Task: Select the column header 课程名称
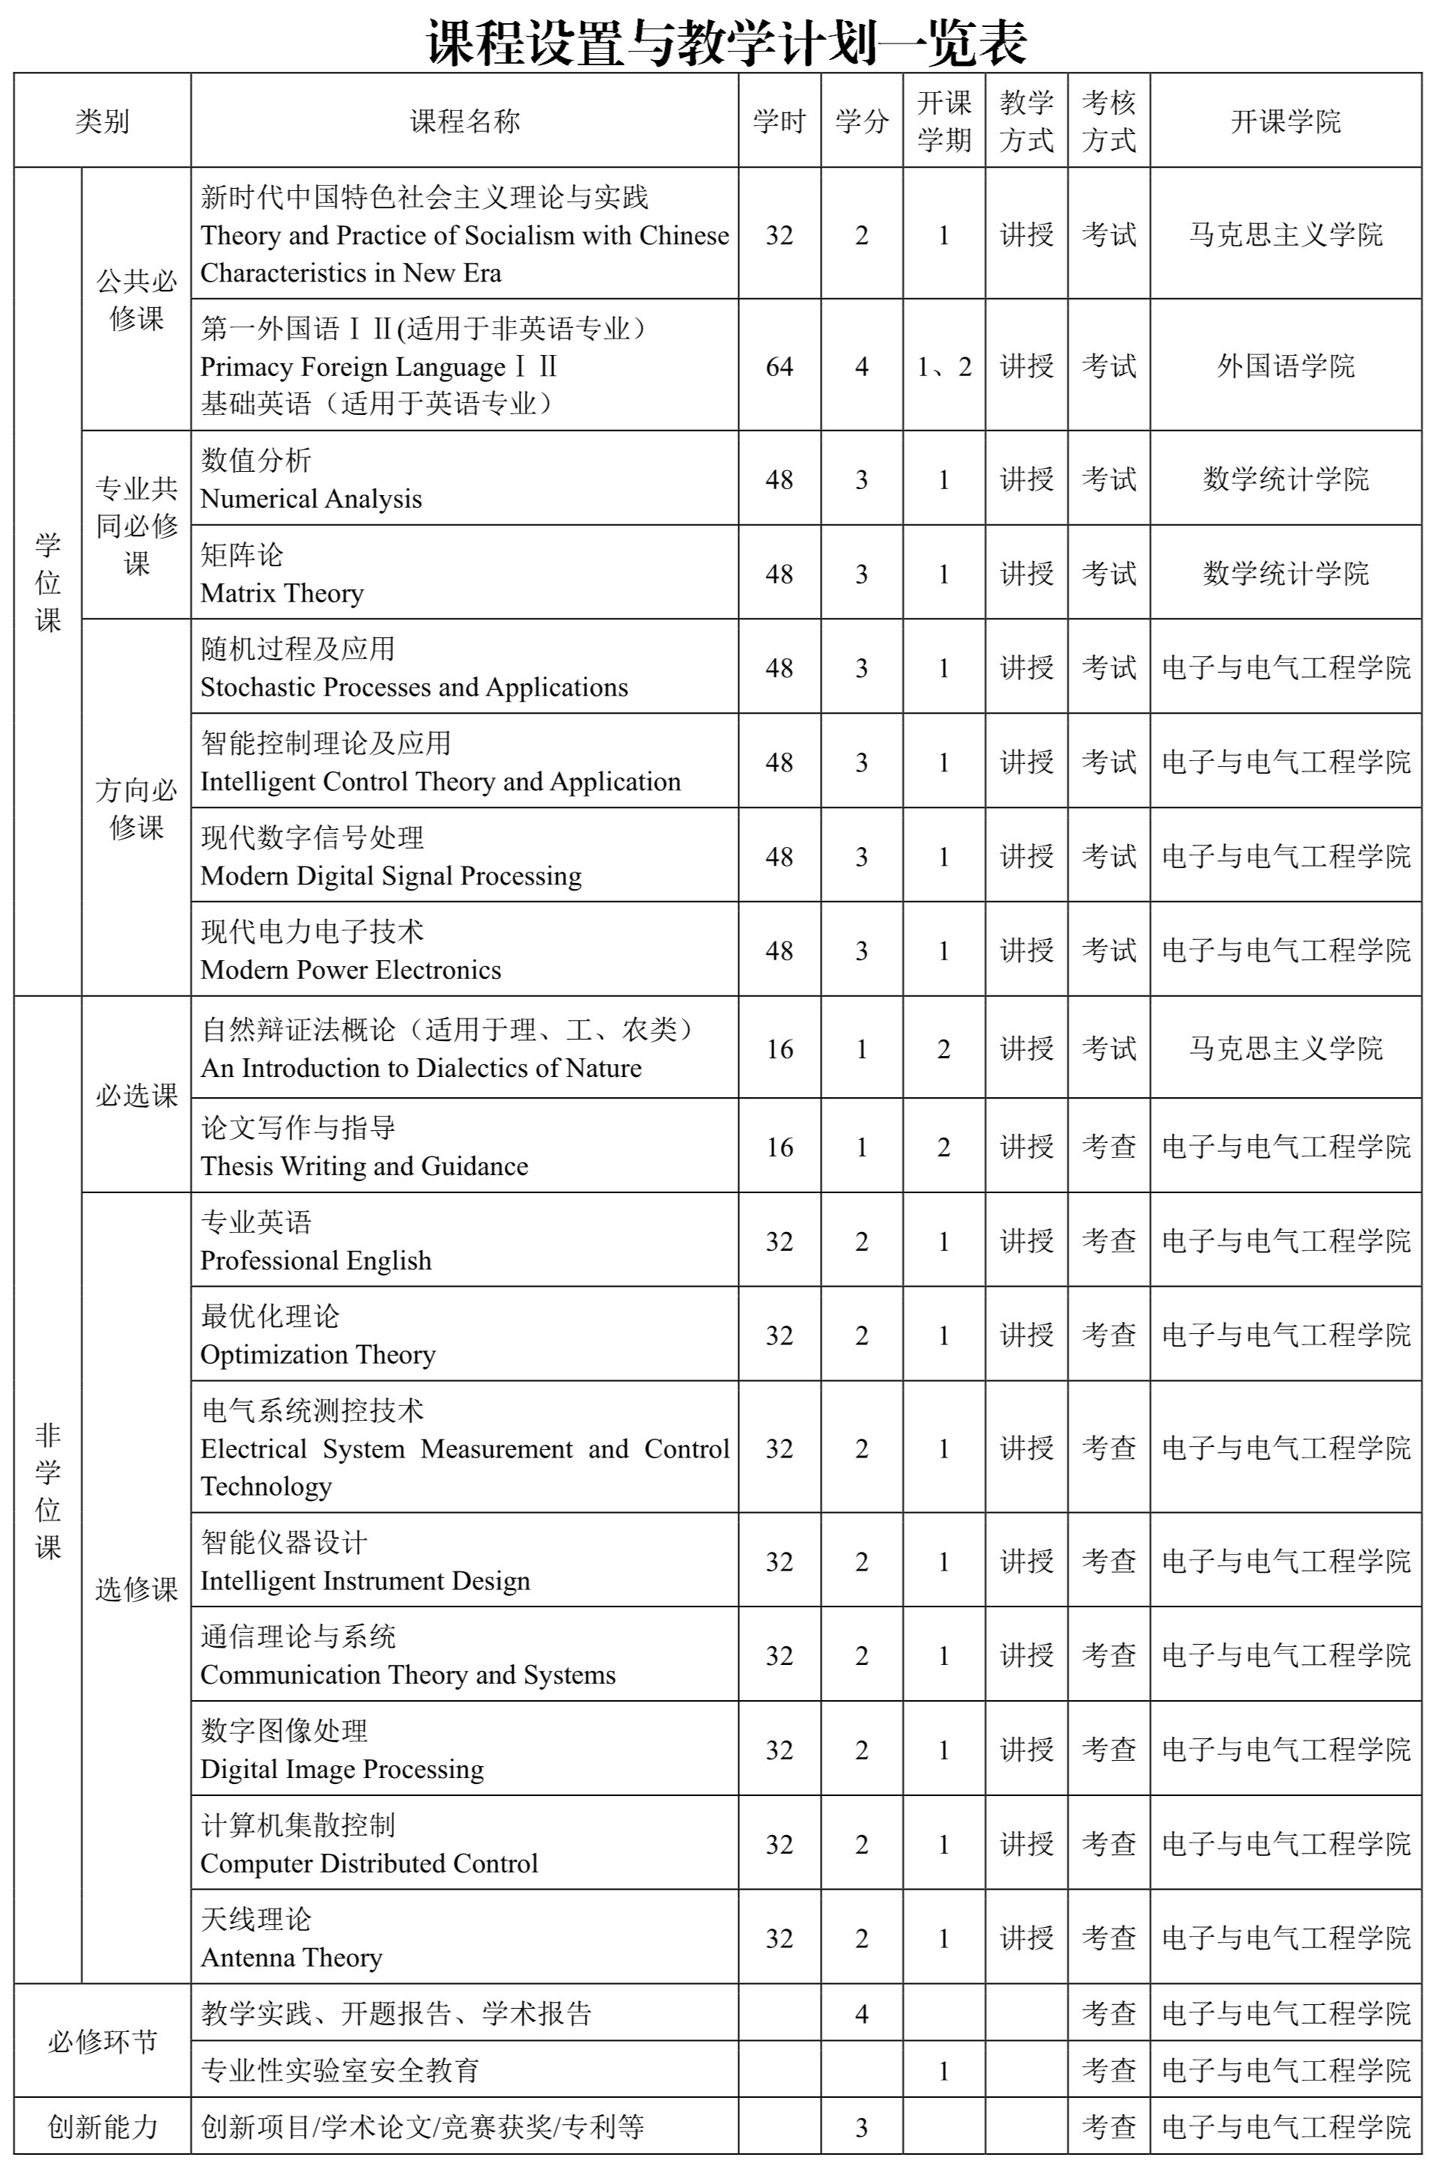coord(465,121)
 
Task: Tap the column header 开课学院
coord(1286,121)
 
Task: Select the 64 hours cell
coord(780,366)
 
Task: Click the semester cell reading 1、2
coord(944,366)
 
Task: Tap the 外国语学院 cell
coord(1286,366)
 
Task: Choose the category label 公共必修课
coord(136,300)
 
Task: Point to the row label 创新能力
coord(103,2127)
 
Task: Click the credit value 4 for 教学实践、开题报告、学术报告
coord(861,2013)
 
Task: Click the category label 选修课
coord(136,1589)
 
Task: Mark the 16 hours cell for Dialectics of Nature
coord(780,1049)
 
